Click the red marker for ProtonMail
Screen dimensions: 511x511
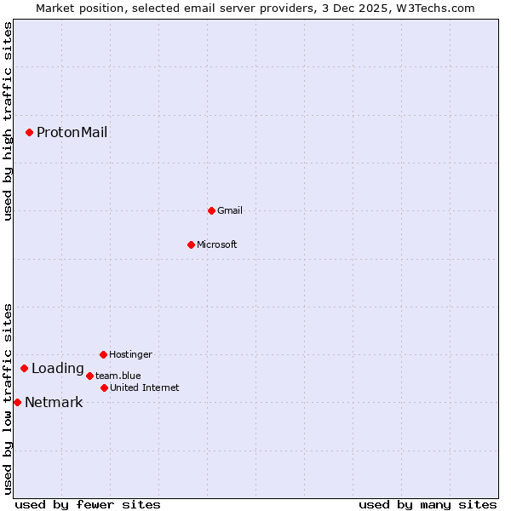(x=29, y=132)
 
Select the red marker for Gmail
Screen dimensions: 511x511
(x=211, y=210)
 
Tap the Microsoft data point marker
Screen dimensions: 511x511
(x=191, y=244)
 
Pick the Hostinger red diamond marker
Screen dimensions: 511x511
(x=103, y=354)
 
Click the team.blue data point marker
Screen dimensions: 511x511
(x=89, y=376)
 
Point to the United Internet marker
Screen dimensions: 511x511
(x=104, y=388)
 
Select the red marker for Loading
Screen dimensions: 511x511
(x=24, y=368)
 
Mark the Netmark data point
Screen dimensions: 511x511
(x=17, y=402)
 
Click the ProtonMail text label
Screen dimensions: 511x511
(x=72, y=132)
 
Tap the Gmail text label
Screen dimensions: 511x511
(x=230, y=210)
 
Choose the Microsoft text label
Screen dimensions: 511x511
(x=216, y=244)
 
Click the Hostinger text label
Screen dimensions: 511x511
(x=130, y=354)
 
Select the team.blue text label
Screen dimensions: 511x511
(x=118, y=376)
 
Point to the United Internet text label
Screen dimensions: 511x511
(x=144, y=388)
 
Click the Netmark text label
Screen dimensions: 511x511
(x=54, y=403)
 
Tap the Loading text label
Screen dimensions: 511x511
(x=58, y=369)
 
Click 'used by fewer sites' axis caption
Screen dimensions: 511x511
(x=88, y=504)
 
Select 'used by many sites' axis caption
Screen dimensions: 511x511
(x=428, y=504)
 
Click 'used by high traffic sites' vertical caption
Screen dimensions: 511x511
(x=8, y=121)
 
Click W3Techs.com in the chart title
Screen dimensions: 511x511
(x=433, y=8)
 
